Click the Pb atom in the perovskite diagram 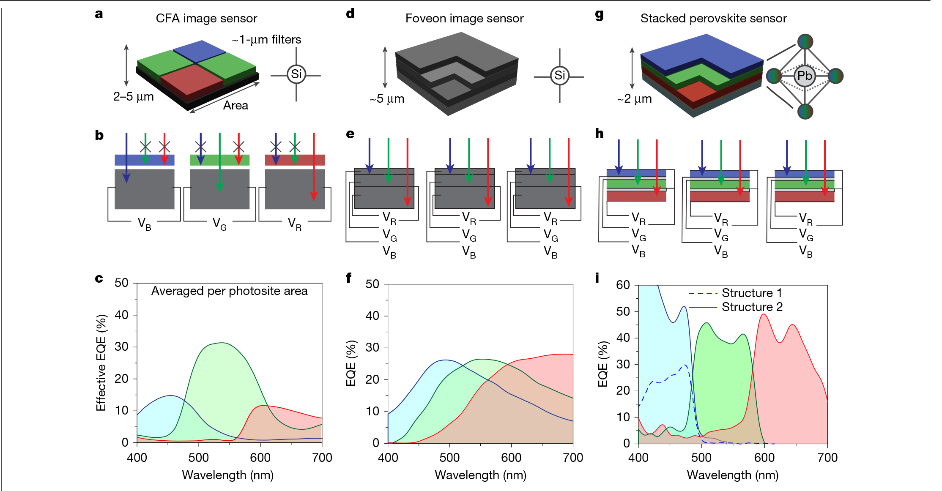point(804,76)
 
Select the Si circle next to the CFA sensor point(296,74)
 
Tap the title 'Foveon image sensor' point(464,19)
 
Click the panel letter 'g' point(599,15)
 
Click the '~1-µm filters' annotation point(266,40)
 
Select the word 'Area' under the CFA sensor point(235,106)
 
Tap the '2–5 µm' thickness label point(133,97)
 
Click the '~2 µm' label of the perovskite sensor point(634,99)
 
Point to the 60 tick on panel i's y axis point(623,285)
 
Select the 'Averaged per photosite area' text point(229,291)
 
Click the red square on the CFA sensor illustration point(191,79)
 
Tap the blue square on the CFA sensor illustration point(199,51)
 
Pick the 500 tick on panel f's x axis point(449,458)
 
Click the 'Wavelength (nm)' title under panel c point(227,475)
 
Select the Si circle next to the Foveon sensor point(559,76)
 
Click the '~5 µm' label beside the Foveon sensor point(387,99)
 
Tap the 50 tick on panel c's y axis point(121,283)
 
